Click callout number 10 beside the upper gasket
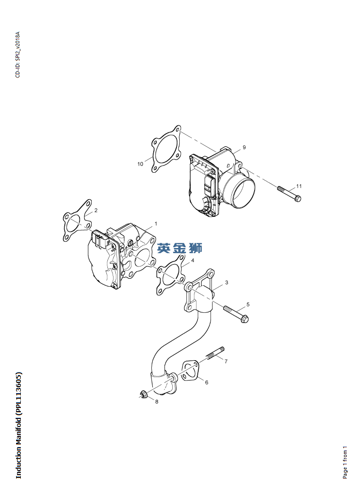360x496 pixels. (140, 164)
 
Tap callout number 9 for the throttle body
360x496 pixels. (244, 147)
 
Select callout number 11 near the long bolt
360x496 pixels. (299, 186)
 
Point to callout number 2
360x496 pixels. (96, 210)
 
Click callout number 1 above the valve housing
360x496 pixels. (156, 224)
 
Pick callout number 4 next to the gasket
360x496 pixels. (193, 261)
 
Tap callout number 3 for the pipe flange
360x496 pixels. (227, 283)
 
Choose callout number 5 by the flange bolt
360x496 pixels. (248, 304)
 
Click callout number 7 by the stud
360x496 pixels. (226, 361)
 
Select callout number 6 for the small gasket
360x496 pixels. (206, 382)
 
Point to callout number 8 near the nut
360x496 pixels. (157, 401)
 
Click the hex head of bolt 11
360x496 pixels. (297, 198)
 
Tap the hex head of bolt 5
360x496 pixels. (245, 319)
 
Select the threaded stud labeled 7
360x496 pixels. (215, 354)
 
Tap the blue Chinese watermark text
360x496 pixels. (179, 248)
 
